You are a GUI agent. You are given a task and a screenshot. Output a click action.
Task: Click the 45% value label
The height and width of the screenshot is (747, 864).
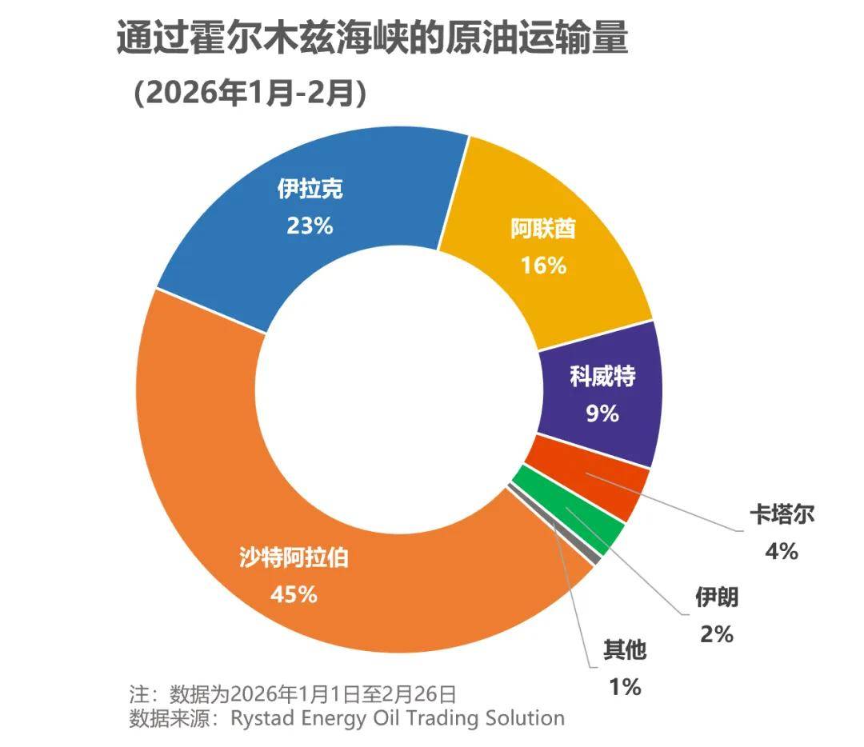click(294, 595)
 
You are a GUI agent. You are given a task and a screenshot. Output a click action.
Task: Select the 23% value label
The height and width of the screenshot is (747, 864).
click(310, 226)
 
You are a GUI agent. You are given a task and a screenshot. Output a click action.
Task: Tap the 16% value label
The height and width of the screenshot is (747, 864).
click(543, 266)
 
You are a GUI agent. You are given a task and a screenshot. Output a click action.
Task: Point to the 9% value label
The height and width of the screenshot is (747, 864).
click(602, 413)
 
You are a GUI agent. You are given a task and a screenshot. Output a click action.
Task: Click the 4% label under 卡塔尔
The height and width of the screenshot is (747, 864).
click(781, 551)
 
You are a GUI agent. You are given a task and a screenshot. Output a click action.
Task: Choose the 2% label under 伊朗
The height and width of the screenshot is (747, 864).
click(716, 634)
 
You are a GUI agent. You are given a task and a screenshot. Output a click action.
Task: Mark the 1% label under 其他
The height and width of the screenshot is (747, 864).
click(624, 686)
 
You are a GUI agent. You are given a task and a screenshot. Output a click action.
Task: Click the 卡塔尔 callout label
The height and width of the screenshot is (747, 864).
click(781, 513)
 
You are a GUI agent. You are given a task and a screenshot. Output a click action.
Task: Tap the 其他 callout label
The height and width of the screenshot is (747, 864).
click(624, 650)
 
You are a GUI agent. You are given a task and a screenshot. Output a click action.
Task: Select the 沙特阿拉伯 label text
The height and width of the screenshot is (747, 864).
click(294, 557)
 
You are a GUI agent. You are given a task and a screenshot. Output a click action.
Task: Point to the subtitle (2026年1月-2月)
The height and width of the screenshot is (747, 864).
click(250, 94)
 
